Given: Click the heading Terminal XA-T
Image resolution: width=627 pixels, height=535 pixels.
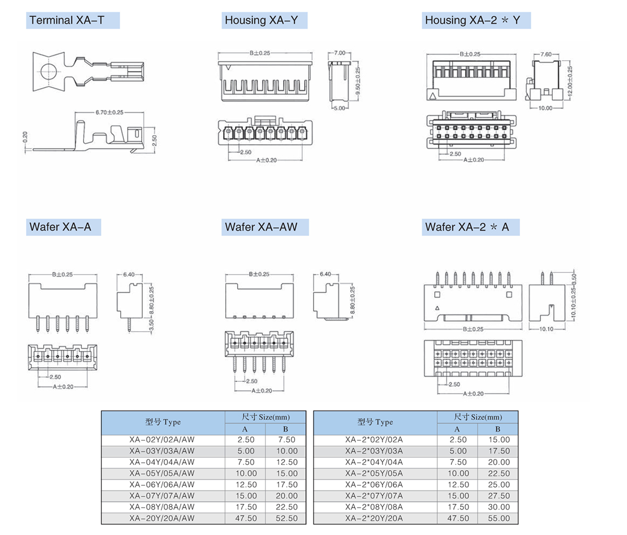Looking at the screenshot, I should point(67,20).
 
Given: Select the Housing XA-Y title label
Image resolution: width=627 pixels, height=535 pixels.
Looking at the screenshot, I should point(261,20).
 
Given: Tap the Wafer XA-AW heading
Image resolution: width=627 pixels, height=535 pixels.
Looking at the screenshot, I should point(261,227).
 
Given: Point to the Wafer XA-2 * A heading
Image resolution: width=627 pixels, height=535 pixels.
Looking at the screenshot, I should point(467,227).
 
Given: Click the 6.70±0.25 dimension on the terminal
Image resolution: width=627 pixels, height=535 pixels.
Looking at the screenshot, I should point(109,112).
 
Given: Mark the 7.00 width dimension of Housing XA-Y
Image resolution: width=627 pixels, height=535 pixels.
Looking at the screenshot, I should point(340,53).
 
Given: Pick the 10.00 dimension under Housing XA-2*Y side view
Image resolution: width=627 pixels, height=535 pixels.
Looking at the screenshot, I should point(545,108).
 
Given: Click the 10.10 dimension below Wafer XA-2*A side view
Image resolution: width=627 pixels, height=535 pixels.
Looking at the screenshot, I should point(546,329).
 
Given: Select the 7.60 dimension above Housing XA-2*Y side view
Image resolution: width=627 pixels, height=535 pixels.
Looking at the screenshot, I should point(545,54).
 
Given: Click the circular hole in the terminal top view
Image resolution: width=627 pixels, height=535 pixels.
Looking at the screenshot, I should point(49,71).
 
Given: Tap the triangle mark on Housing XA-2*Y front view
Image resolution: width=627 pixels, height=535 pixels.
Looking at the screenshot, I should point(432,95).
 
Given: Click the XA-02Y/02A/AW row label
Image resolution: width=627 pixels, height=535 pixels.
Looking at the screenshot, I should point(162,440).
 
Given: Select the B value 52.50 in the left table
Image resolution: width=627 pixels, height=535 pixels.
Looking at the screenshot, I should point(286,518).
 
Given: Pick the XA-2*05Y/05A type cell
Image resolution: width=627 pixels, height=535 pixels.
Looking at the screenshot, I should point(374,473).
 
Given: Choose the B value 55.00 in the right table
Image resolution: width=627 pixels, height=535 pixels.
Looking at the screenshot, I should point(498,518).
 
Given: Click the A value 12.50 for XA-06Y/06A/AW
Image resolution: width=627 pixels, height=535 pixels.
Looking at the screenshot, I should point(246,485).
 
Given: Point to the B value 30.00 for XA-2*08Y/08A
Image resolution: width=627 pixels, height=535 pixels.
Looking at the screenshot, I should point(498,507).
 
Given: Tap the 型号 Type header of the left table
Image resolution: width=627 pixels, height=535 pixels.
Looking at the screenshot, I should point(163,422).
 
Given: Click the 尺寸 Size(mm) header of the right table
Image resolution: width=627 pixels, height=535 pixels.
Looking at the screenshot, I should point(478,417).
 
